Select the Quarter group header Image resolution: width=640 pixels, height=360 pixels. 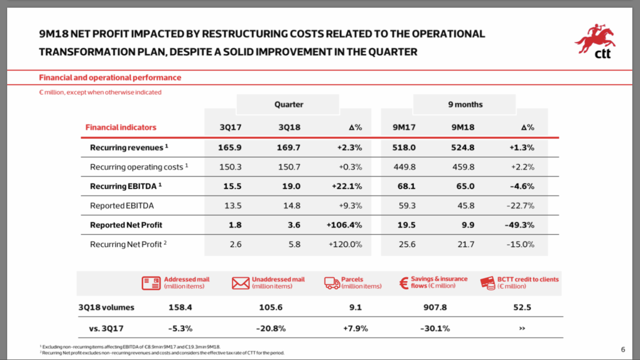288,104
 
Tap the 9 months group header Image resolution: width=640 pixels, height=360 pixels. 465,104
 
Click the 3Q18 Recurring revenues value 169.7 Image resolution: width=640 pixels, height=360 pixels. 288,147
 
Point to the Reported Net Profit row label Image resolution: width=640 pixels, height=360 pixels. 126,225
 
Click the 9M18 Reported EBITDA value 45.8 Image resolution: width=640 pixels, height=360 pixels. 465,205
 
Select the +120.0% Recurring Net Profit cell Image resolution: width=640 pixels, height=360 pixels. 345,244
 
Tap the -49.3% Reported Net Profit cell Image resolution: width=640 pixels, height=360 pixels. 520,225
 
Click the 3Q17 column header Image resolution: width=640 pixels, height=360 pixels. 230,128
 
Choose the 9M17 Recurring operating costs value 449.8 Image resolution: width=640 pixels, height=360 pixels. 404,167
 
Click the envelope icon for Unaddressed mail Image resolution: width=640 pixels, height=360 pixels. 240,283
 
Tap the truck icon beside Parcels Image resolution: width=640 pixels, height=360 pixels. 332,283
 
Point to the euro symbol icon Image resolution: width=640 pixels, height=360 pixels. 404,283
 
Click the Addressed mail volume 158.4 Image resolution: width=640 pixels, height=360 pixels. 180,307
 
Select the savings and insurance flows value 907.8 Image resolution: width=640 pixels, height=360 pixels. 436,307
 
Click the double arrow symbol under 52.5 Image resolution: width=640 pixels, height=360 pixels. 522,328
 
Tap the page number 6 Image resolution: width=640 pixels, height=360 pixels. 623,349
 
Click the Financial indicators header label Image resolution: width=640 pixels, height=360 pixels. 121,128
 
